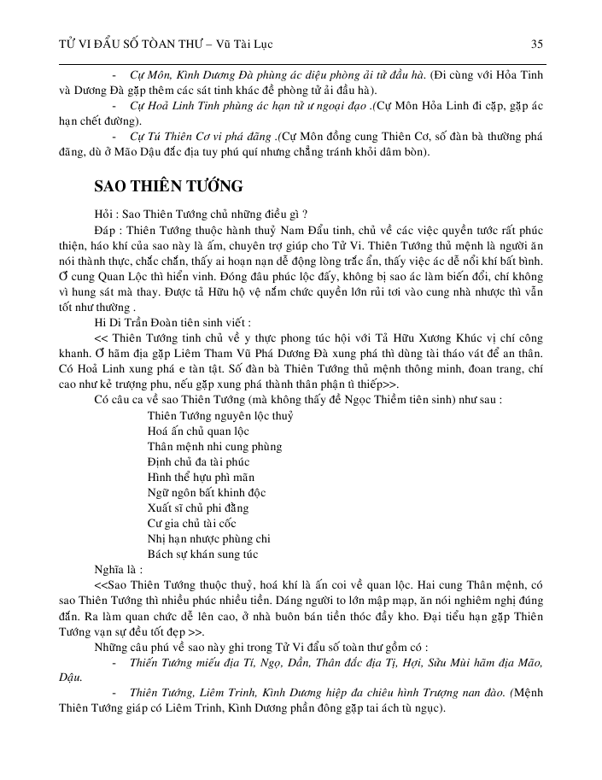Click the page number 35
point(537,43)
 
